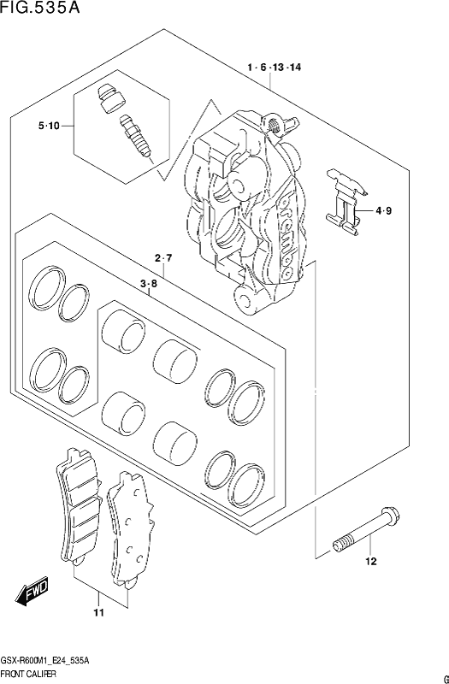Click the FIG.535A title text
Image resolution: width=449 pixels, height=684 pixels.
(40, 8)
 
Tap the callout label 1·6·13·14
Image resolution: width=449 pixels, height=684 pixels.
(274, 68)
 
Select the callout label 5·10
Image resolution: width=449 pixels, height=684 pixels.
(49, 126)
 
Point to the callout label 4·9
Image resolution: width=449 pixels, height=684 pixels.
(383, 211)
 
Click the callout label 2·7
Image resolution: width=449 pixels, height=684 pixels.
(163, 258)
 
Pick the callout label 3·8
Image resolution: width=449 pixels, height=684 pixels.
(149, 285)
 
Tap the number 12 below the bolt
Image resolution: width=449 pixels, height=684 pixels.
(371, 562)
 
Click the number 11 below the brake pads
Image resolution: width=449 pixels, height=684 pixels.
(99, 613)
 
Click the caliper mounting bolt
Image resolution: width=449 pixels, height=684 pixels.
(366, 529)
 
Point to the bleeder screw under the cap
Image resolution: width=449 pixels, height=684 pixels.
(135, 136)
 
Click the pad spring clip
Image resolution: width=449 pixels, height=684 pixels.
(347, 203)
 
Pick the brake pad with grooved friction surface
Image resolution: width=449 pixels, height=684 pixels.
(78, 506)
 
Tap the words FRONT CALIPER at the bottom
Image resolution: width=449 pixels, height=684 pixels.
(28, 674)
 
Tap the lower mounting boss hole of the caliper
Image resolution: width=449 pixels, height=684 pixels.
(244, 301)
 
